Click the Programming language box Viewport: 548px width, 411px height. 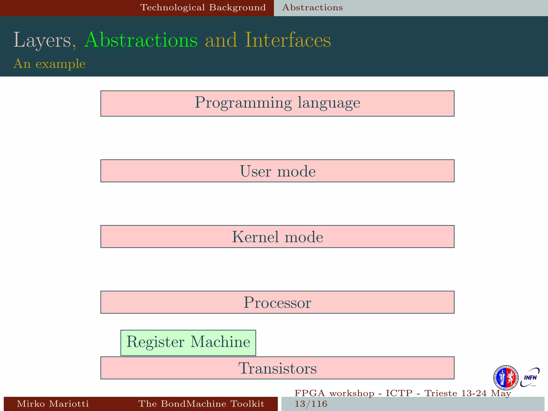[277, 103]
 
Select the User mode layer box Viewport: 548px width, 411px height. [277, 171]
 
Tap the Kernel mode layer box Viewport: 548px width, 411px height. [277, 237]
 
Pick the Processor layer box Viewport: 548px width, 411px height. [277, 302]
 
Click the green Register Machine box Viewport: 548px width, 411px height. [188, 342]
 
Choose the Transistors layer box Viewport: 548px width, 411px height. [277, 368]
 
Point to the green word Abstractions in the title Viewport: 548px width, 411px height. [141, 40]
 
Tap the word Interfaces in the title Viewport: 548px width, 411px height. [288, 40]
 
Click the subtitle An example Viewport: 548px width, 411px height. [50, 64]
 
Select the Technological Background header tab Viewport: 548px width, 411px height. [203, 7]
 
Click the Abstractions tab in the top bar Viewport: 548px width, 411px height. [313, 7]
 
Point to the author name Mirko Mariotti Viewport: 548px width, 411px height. [53, 404]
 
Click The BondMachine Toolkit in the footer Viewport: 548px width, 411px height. [201, 404]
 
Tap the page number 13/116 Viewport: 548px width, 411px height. [311, 404]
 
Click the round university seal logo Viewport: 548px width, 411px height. [505, 378]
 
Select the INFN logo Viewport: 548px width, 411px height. [530, 377]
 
